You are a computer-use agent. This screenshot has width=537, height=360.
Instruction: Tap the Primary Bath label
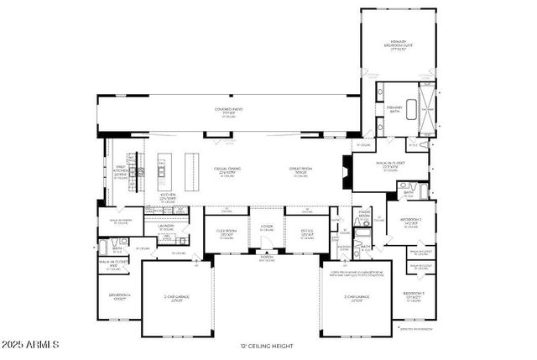click(394, 109)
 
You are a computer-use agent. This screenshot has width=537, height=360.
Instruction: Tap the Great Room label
click(300, 171)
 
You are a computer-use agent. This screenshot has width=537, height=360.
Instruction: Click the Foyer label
click(266, 226)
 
